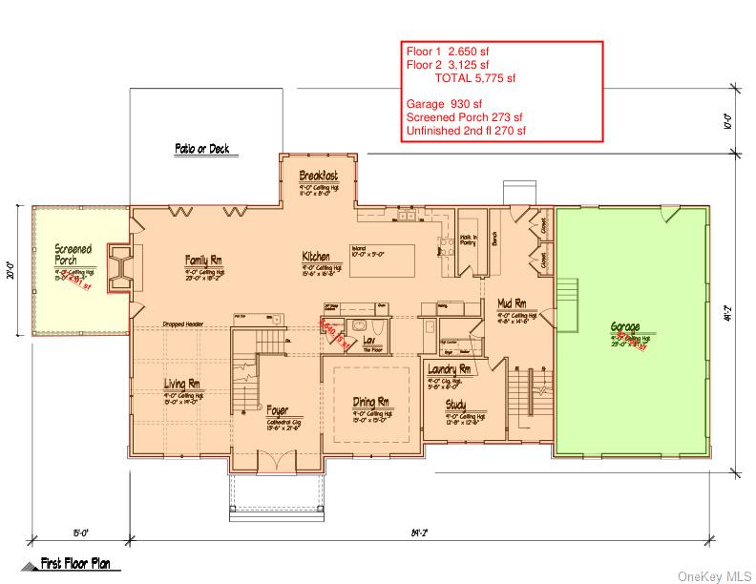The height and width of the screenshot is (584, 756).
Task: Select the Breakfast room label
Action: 318,176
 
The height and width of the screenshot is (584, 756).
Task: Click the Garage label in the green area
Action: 625,326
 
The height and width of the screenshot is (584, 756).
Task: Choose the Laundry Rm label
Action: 450,368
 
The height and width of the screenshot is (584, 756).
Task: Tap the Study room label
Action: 455,405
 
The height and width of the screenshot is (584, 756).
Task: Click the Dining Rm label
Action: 370,402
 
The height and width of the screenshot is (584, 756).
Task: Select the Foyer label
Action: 277,411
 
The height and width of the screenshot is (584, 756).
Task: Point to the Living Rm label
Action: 180,384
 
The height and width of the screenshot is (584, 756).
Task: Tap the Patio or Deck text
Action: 206,149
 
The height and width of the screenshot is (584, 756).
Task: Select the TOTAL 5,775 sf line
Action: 474,78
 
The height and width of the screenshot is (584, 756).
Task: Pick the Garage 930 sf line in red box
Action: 444,104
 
